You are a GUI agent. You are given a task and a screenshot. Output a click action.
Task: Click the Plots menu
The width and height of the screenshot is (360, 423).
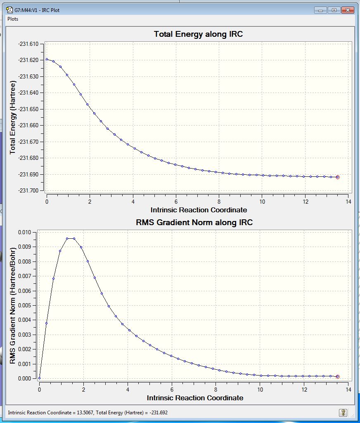click(x=13, y=19)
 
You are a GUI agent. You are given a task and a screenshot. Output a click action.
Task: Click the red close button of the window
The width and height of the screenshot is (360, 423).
click(x=348, y=10)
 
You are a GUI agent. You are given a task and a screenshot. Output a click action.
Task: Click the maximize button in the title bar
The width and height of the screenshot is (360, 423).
click(x=334, y=10)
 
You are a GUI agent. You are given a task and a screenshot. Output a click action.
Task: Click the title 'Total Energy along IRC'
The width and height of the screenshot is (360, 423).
click(x=198, y=34)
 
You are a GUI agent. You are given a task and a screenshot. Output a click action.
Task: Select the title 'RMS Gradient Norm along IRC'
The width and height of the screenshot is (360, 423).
click(x=194, y=223)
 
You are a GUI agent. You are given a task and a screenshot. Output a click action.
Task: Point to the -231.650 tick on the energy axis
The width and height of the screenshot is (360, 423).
click(x=28, y=109)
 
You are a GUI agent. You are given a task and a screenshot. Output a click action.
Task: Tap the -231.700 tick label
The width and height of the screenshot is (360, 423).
click(x=28, y=190)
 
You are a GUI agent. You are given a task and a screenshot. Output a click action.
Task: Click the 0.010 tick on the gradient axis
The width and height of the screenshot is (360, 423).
click(x=25, y=232)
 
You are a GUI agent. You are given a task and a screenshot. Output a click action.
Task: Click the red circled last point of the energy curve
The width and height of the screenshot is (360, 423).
click(x=338, y=177)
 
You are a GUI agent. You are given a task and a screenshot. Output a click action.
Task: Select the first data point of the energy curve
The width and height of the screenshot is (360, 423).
click(x=47, y=59)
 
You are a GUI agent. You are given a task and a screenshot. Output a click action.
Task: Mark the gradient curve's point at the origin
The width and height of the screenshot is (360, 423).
click(x=39, y=378)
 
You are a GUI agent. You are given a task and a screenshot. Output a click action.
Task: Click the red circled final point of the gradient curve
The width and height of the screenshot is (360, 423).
click(x=338, y=377)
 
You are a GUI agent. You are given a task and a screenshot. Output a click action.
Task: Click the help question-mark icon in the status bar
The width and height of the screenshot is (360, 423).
click(x=343, y=412)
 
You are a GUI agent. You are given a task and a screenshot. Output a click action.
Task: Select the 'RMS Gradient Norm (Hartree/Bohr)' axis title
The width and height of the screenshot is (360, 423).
click(x=12, y=306)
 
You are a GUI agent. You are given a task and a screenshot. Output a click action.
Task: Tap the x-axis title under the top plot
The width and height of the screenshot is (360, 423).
click(x=199, y=210)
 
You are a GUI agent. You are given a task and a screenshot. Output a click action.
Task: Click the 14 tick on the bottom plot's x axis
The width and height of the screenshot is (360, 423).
click(x=348, y=390)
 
